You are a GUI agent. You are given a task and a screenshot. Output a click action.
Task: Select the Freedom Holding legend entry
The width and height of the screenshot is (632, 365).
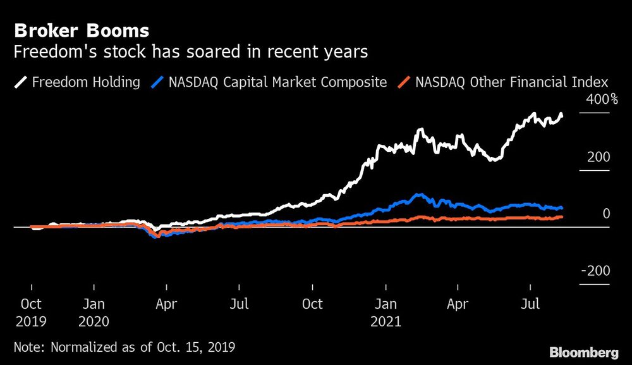(x=85, y=82)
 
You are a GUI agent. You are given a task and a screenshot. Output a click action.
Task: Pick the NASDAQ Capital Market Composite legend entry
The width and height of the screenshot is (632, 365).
(x=277, y=82)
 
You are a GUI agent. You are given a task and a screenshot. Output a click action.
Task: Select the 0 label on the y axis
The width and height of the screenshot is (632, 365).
(x=605, y=214)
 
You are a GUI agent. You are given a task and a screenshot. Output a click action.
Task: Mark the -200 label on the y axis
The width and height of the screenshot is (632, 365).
(x=595, y=271)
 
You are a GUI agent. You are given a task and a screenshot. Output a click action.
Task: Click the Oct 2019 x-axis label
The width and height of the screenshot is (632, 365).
(x=31, y=312)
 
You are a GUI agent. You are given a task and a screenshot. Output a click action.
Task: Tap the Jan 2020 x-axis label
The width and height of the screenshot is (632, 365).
(x=94, y=312)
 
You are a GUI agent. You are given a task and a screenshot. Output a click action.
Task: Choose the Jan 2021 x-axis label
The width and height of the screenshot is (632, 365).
(x=386, y=312)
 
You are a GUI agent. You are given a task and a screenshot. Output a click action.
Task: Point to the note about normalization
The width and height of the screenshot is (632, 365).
(x=125, y=347)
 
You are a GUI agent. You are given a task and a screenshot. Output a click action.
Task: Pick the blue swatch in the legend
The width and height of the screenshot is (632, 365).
(x=158, y=82)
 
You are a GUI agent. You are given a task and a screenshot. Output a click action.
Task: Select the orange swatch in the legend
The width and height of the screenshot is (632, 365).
(x=405, y=82)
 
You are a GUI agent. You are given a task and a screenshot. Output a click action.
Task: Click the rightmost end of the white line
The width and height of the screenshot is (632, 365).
(x=562, y=114)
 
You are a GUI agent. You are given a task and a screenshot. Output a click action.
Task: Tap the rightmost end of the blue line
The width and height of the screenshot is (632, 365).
(x=562, y=208)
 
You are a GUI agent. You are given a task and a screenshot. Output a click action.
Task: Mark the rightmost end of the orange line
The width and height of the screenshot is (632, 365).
(x=562, y=217)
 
